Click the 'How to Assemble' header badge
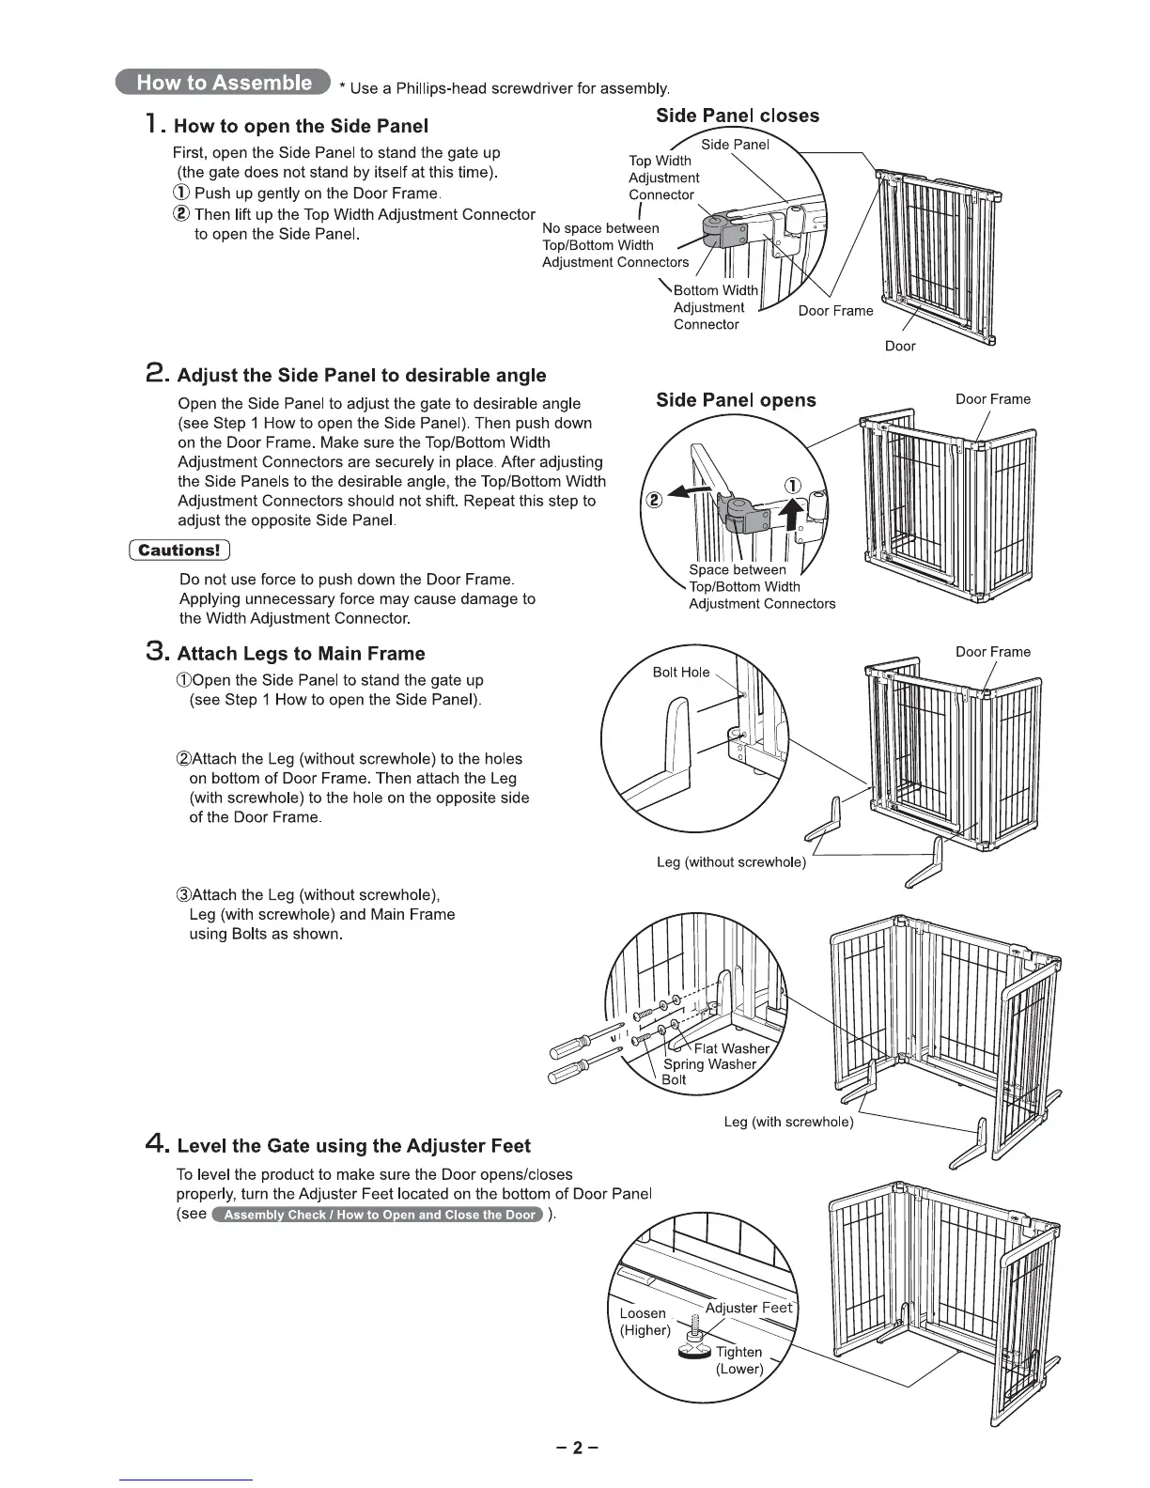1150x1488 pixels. [x=224, y=83]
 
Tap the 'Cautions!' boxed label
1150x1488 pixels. [x=179, y=550]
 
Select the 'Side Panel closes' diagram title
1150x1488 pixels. [x=737, y=116]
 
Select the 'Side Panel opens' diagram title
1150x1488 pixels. [x=736, y=400]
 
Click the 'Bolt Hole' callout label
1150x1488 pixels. [x=681, y=672]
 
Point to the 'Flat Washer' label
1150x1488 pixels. [x=731, y=1048]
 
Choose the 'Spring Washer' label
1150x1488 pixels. [x=709, y=1064]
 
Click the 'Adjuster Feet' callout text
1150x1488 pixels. [x=748, y=1308]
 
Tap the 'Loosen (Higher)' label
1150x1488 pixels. [x=645, y=1321]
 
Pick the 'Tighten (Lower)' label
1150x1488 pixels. [x=738, y=1360]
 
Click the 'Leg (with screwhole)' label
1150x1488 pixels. [x=788, y=1122]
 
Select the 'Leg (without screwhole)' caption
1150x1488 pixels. [x=731, y=862]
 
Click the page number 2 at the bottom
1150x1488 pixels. [x=576, y=1448]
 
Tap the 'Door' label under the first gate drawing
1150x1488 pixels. [x=900, y=346]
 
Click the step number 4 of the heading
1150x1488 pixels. [x=157, y=1145]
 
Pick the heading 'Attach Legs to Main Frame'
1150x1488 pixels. [x=301, y=654]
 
